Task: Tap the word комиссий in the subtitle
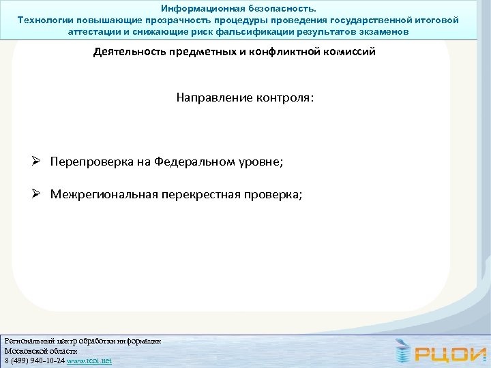345,52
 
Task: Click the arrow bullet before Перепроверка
40,162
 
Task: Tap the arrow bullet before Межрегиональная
40,194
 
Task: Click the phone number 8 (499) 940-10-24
34,361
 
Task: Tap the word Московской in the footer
25,350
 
